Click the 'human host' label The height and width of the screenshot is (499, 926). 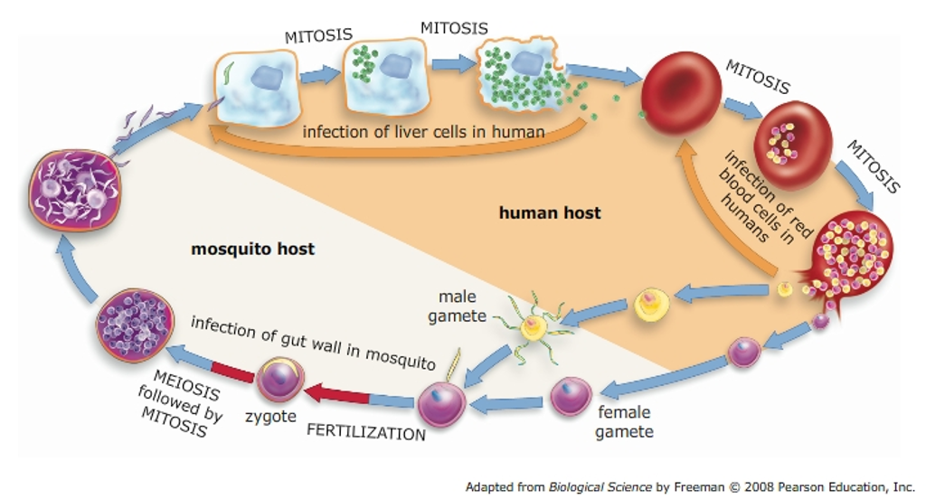point(550,213)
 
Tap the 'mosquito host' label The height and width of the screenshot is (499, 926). point(253,248)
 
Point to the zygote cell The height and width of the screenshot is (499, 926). point(279,380)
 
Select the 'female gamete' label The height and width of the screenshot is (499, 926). point(624,422)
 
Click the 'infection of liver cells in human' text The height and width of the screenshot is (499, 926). point(423,132)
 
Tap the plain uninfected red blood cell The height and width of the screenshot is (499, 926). point(680,89)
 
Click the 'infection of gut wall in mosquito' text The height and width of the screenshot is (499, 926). point(314,342)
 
